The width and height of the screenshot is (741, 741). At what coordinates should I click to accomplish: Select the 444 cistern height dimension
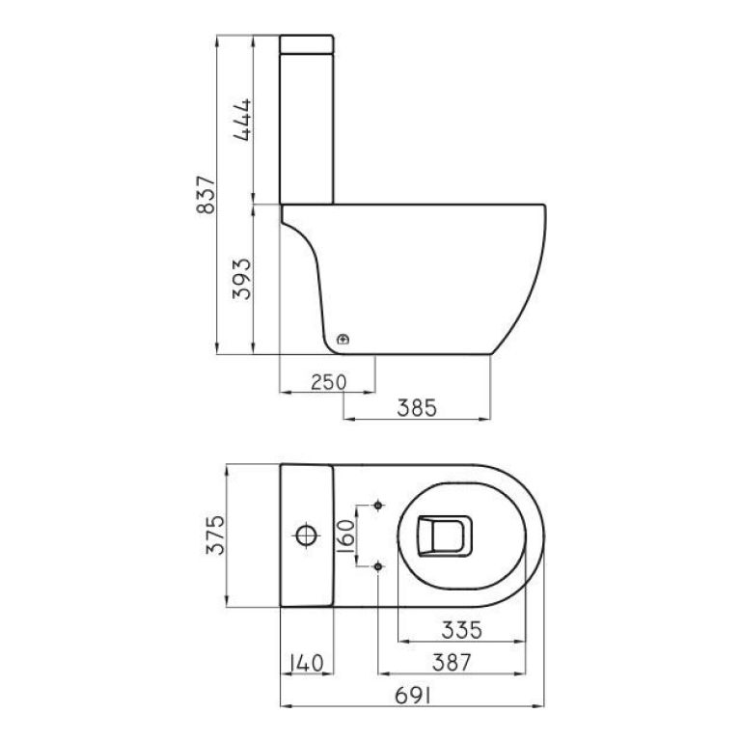242,120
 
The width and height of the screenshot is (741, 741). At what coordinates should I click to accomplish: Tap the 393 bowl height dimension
242,279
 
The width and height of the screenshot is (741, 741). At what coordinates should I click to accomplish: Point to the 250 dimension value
328,382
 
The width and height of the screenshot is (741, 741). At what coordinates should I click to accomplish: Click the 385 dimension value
418,408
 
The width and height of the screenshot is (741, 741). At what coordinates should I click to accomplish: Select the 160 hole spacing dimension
347,535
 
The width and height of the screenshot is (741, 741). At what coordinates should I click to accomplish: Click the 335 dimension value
462,631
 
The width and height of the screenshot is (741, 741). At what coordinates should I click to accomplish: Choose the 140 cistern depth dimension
307,663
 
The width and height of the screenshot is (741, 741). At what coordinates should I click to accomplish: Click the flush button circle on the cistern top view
306,535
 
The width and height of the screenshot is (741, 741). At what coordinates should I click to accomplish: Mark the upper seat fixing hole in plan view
378,505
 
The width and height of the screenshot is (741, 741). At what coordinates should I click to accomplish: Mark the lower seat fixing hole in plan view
378,566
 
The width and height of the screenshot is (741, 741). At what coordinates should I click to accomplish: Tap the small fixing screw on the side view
344,340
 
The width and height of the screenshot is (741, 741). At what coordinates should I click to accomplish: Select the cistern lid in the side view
306,44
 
